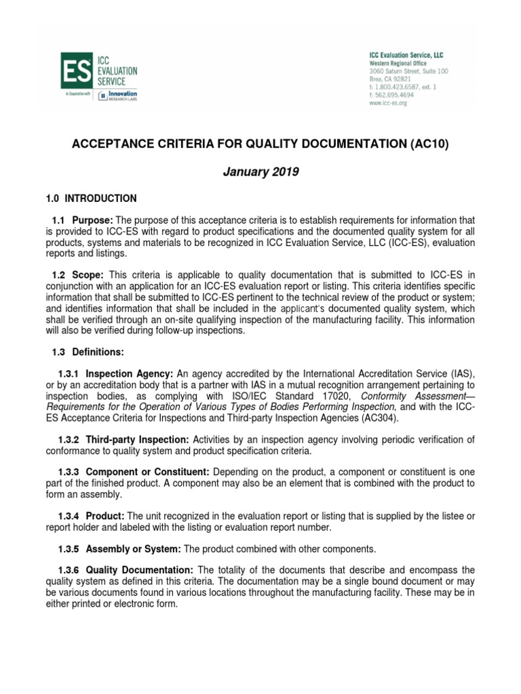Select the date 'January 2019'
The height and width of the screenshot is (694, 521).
[x=260, y=172]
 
